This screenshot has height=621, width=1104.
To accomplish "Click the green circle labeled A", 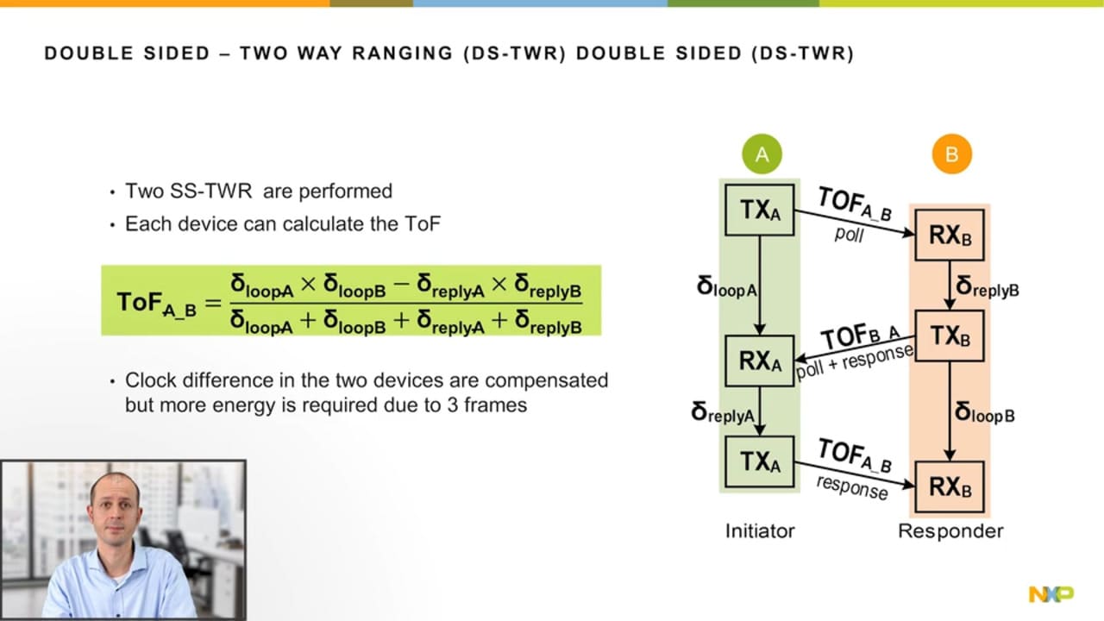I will coord(762,154).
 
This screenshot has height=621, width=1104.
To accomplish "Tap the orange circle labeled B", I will coord(951,154).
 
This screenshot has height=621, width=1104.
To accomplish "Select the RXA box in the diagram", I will coord(759,361).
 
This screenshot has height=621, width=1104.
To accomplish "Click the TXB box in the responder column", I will coord(950,336).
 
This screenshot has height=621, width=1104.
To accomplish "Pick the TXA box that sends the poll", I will coord(759,210).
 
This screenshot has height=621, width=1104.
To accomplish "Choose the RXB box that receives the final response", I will coord(950,487).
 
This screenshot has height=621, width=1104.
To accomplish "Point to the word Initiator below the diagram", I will coord(759,530).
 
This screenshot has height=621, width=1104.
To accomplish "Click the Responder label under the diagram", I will coord(950,530).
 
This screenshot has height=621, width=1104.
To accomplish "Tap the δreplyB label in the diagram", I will coord(988,286).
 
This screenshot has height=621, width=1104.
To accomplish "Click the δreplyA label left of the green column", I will coord(723,413).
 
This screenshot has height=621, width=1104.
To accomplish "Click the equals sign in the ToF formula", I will coord(212,302).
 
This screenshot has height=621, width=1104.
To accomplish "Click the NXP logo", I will coord(1051,594).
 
